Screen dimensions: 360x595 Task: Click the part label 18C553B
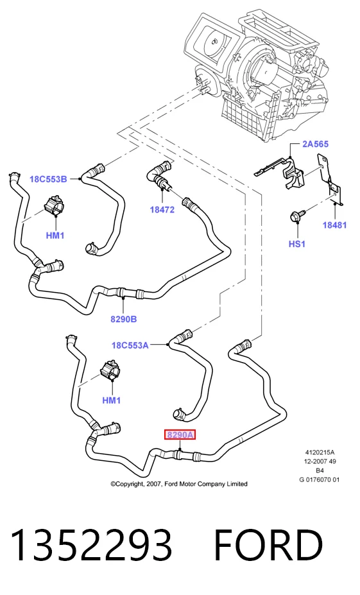(48, 179)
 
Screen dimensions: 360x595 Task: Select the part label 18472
(162, 209)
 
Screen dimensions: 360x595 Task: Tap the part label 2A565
(316, 144)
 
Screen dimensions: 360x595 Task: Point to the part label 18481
(334, 225)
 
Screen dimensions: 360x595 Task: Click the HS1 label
(297, 244)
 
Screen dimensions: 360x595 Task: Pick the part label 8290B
(124, 319)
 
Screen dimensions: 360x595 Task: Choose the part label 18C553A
(130, 345)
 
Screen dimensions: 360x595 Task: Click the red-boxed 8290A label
(180, 435)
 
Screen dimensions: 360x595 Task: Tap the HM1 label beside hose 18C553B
(55, 236)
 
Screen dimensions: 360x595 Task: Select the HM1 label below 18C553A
(112, 400)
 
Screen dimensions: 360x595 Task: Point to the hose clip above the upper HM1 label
(54, 205)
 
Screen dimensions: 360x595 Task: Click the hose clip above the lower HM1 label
(110, 369)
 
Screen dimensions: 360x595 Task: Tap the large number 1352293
(91, 545)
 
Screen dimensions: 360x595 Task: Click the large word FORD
(268, 545)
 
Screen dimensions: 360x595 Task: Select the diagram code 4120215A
(320, 453)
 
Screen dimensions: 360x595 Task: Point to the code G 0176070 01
(320, 479)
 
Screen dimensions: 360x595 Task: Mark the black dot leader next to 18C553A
(167, 345)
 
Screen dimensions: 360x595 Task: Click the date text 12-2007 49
(320, 461)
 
